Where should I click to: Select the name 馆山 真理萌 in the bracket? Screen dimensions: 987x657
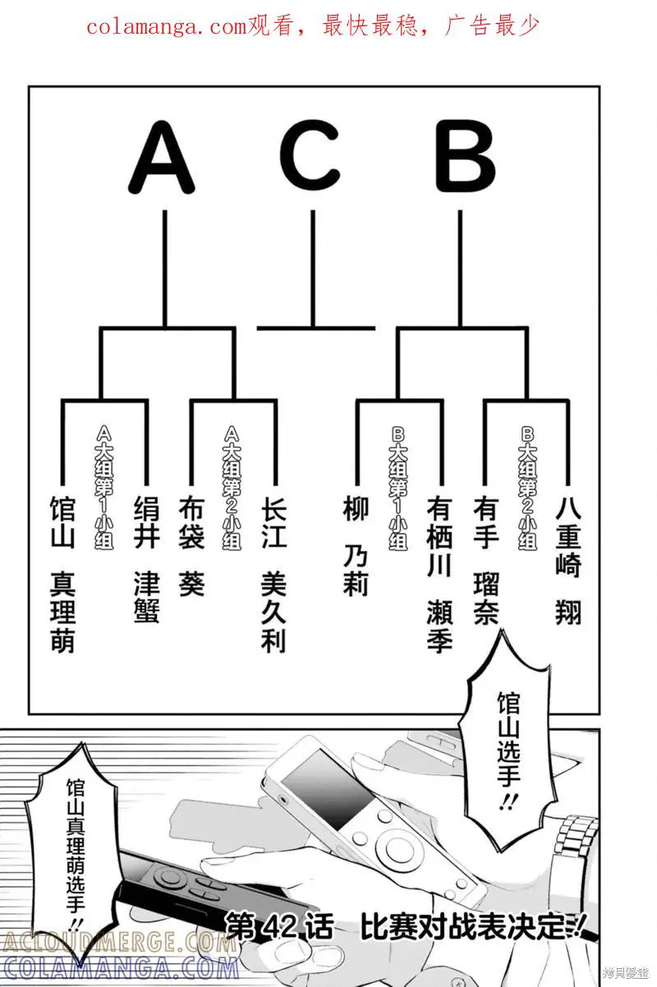[62, 575]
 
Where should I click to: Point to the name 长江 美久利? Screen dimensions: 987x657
[273, 575]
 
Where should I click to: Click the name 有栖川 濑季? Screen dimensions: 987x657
[439, 575]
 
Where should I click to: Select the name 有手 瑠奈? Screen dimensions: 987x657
[485, 562]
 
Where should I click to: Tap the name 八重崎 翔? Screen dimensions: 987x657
[567, 562]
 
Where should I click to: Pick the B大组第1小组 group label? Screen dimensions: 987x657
[398, 488]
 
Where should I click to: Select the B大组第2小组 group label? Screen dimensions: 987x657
[527, 488]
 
